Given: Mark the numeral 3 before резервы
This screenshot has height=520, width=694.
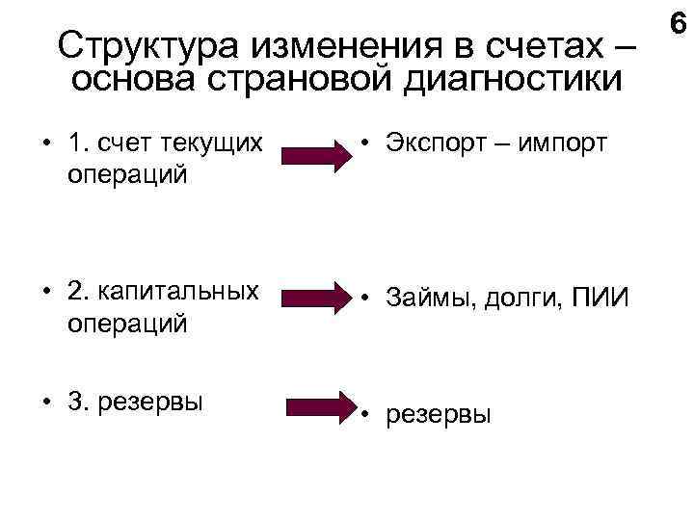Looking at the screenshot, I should click(x=74, y=400).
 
